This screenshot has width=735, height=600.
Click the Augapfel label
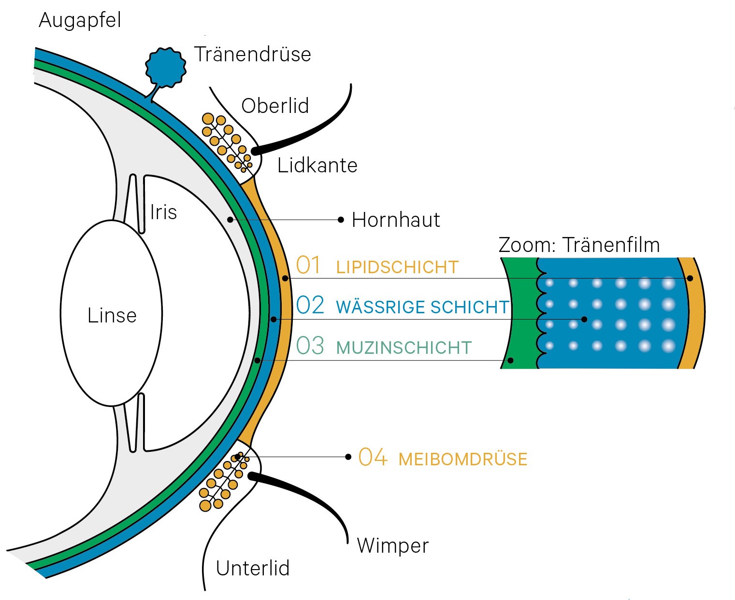(x=80, y=21)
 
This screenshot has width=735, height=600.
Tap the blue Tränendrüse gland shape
(x=166, y=67)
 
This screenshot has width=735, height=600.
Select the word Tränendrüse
(x=252, y=54)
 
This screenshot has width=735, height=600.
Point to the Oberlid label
(x=275, y=106)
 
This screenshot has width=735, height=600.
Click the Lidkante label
(x=317, y=166)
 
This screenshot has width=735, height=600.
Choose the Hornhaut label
(x=396, y=220)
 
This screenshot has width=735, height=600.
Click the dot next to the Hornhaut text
(x=341, y=220)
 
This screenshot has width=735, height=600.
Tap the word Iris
(x=163, y=212)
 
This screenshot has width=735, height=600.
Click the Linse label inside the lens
(x=112, y=316)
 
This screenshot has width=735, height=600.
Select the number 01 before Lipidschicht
(x=308, y=265)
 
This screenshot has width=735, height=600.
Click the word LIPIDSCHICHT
(x=397, y=267)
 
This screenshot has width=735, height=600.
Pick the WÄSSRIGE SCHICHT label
(x=422, y=307)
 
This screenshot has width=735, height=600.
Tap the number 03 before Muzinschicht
(x=310, y=346)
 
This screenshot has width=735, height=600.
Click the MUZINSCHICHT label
(x=404, y=348)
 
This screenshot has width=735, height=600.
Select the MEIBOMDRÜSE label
(x=462, y=459)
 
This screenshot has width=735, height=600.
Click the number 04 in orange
(x=373, y=457)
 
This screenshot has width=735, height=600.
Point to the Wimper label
(x=392, y=546)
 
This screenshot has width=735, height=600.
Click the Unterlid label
(x=253, y=568)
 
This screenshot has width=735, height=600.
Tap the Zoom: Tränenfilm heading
(x=579, y=245)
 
